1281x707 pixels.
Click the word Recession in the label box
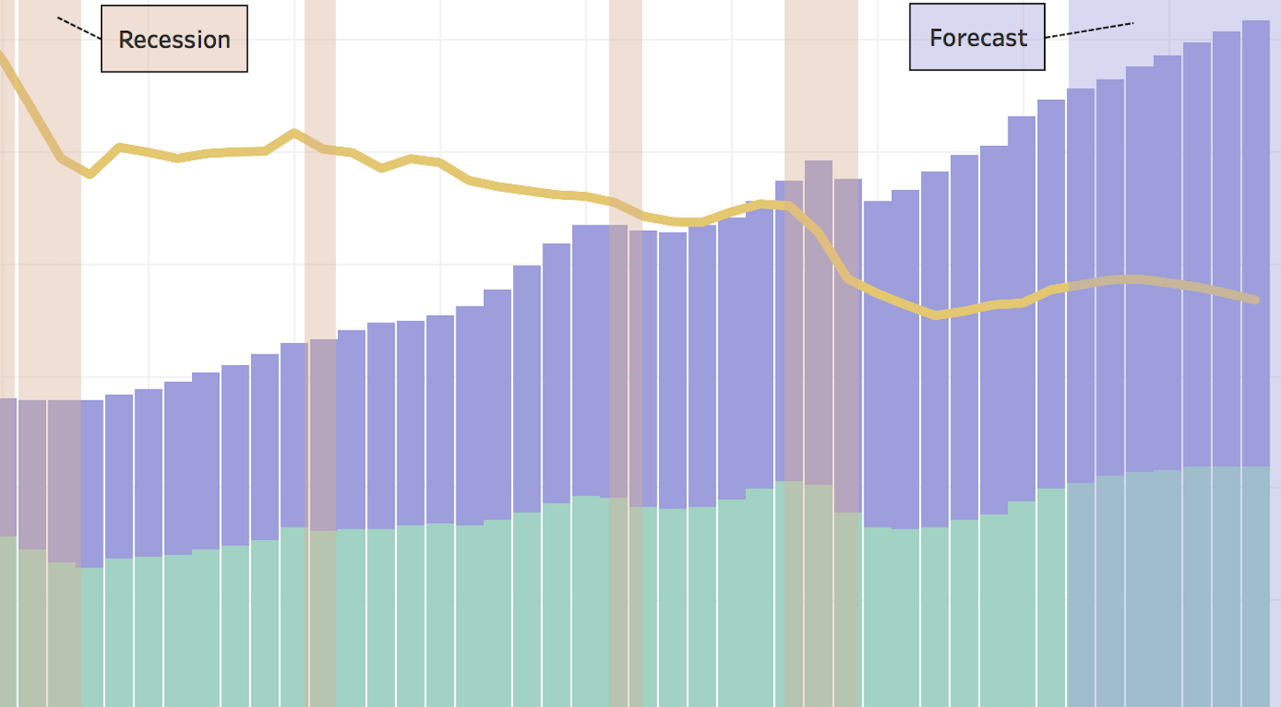point(174,40)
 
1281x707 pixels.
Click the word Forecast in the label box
point(978,38)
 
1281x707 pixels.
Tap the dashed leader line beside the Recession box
point(79,28)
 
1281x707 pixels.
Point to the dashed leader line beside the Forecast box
point(1089,30)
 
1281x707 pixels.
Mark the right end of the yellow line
point(1256,300)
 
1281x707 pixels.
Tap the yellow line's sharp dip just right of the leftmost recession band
point(89,174)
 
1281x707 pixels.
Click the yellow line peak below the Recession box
point(294,133)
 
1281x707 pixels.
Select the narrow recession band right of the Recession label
point(319,353)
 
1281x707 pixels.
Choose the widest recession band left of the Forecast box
point(821,353)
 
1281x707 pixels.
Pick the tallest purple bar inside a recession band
point(818,323)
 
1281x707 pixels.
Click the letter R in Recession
point(126,40)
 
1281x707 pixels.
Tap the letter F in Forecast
point(936,38)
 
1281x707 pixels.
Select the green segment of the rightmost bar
point(1256,587)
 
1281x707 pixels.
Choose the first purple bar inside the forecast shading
point(1081,285)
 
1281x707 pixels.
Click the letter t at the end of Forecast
point(1022,39)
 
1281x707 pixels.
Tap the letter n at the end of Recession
point(224,42)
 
